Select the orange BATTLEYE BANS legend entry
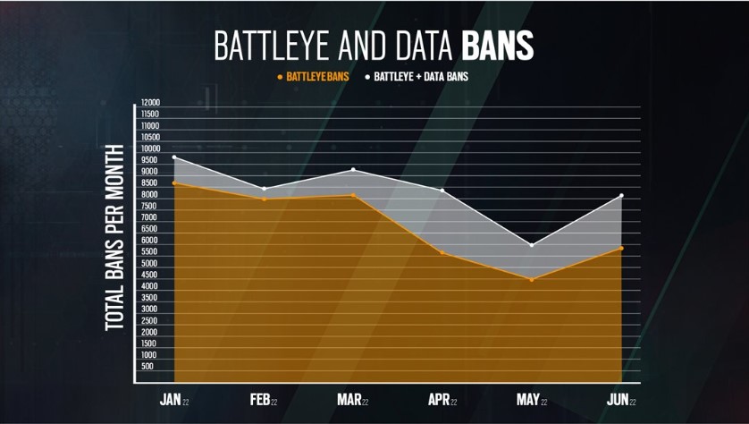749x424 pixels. (314, 77)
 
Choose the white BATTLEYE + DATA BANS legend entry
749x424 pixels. (417, 77)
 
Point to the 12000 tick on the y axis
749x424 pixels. (149, 104)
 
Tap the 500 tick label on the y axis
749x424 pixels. (147, 367)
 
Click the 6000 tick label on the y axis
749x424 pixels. (148, 241)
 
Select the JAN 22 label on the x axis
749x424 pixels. (174, 400)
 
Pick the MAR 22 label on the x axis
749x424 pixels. (353, 400)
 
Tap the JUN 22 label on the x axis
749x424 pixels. (620, 400)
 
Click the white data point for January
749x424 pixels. (174, 157)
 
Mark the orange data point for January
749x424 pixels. (174, 183)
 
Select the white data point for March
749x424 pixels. (353, 170)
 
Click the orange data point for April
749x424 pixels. (442, 253)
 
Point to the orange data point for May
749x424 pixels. (531, 280)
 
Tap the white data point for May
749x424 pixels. (531, 245)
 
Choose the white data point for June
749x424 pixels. (620, 196)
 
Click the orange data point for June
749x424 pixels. (620, 248)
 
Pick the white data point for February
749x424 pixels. (264, 189)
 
